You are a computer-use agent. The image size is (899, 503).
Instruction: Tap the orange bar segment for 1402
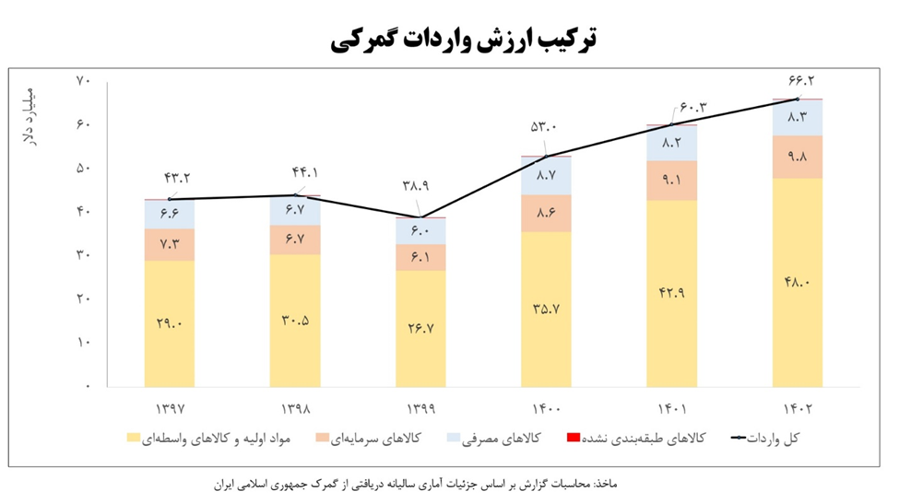798,157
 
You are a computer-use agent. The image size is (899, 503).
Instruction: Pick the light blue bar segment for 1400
546,175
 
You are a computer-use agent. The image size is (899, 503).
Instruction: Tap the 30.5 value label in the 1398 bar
295,321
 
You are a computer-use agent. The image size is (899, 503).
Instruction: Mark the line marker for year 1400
546,156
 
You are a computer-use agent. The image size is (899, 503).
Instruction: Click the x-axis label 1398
295,407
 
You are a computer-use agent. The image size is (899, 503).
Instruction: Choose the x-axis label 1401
671,407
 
